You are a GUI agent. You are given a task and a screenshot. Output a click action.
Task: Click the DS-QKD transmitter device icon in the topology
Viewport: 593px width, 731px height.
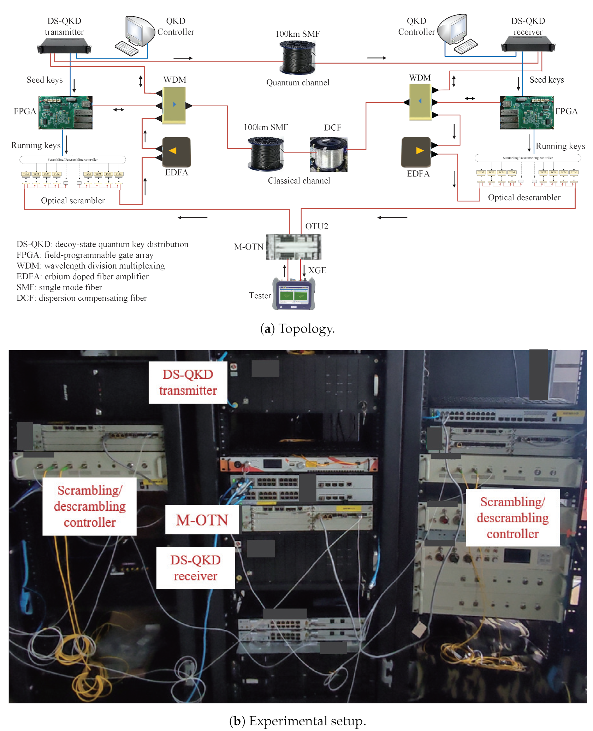(64, 46)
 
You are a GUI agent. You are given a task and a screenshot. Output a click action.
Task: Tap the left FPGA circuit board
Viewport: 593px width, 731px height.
(65, 113)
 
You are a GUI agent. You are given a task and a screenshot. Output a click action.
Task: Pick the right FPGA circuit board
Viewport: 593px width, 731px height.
(527, 113)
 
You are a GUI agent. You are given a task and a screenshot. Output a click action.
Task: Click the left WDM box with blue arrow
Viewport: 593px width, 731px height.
(174, 104)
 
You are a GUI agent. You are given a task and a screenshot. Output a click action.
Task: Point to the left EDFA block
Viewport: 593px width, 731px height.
(176, 152)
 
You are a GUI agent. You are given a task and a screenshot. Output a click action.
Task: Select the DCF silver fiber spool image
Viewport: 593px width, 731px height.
(328, 154)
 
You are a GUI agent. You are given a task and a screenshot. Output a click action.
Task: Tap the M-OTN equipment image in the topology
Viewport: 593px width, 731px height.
(293, 247)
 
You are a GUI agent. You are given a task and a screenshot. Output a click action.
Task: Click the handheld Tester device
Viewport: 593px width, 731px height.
(293, 294)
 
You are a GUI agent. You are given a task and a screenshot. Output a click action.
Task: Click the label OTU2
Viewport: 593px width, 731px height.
(316, 226)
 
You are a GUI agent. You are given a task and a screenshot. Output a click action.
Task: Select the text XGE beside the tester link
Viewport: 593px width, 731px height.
(317, 270)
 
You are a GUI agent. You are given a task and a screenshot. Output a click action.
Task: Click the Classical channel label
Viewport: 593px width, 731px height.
(299, 181)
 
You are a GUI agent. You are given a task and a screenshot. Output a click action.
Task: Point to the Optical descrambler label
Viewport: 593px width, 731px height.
(524, 197)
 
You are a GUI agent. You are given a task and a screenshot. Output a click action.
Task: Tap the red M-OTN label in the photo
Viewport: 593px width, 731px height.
(202, 520)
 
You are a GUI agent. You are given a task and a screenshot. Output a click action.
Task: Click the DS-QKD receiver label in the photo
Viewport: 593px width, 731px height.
(195, 568)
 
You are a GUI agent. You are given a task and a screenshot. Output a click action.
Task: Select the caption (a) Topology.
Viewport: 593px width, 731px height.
(297, 329)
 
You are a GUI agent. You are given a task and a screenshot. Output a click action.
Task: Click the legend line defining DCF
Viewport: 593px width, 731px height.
(82, 298)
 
